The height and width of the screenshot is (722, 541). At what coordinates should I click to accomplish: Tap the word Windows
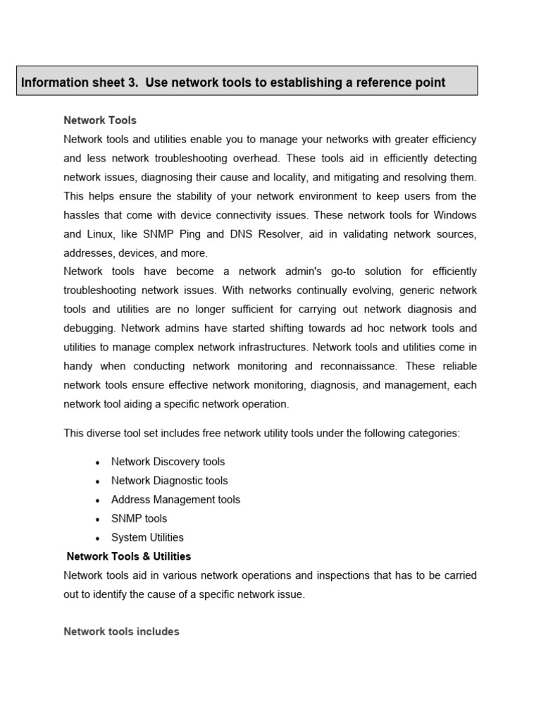[455, 215]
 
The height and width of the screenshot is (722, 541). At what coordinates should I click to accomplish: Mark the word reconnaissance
[361, 366]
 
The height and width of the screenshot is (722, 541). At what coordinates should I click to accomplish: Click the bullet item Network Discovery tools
[168, 462]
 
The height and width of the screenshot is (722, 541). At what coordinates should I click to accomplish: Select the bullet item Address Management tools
[175, 500]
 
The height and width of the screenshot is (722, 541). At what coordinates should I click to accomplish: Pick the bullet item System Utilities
[147, 537]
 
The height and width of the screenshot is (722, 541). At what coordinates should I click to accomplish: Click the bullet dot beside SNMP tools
[97, 520]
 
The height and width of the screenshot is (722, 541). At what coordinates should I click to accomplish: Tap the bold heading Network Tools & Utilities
[128, 556]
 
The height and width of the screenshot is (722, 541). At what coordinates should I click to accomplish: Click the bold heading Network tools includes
[121, 632]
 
